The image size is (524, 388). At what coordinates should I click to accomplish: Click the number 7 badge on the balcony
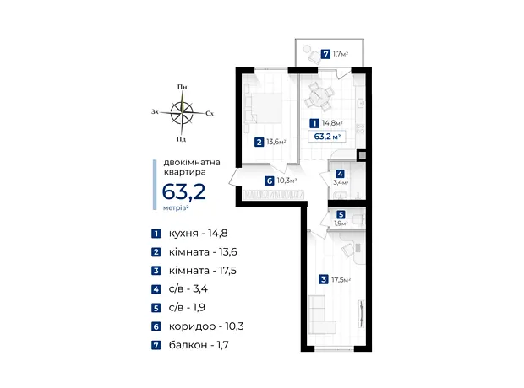(x=325, y=54)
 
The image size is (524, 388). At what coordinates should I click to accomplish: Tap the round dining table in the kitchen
(x=316, y=97)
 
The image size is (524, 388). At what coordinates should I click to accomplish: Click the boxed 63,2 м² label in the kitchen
(x=327, y=137)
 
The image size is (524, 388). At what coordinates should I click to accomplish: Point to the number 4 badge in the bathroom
(x=341, y=174)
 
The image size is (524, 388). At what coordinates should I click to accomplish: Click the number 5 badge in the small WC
(x=341, y=214)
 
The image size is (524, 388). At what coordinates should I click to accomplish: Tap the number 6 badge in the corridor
(x=269, y=181)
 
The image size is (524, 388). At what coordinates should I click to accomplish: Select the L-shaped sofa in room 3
(x=321, y=315)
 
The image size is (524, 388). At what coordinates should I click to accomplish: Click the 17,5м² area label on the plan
(x=341, y=279)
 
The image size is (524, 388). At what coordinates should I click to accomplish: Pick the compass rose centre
(x=182, y=113)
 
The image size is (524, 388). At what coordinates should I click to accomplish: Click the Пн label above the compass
(x=182, y=87)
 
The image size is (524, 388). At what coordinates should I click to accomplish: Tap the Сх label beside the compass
(x=210, y=113)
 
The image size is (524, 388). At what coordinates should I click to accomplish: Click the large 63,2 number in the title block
(x=183, y=191)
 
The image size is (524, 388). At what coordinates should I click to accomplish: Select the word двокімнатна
(x=192, y=163)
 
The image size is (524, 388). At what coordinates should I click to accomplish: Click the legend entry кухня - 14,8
(x=198, y=233)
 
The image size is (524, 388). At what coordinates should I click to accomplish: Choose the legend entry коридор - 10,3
(x=206, y=326)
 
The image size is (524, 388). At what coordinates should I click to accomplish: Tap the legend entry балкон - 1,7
(x=199, y=345)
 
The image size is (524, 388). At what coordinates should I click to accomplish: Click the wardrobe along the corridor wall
(x=274, y=195)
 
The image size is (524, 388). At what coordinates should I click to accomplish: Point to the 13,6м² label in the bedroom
(x=276, y=142)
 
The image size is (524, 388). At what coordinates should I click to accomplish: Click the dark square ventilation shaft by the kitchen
(x=363, y=155)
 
